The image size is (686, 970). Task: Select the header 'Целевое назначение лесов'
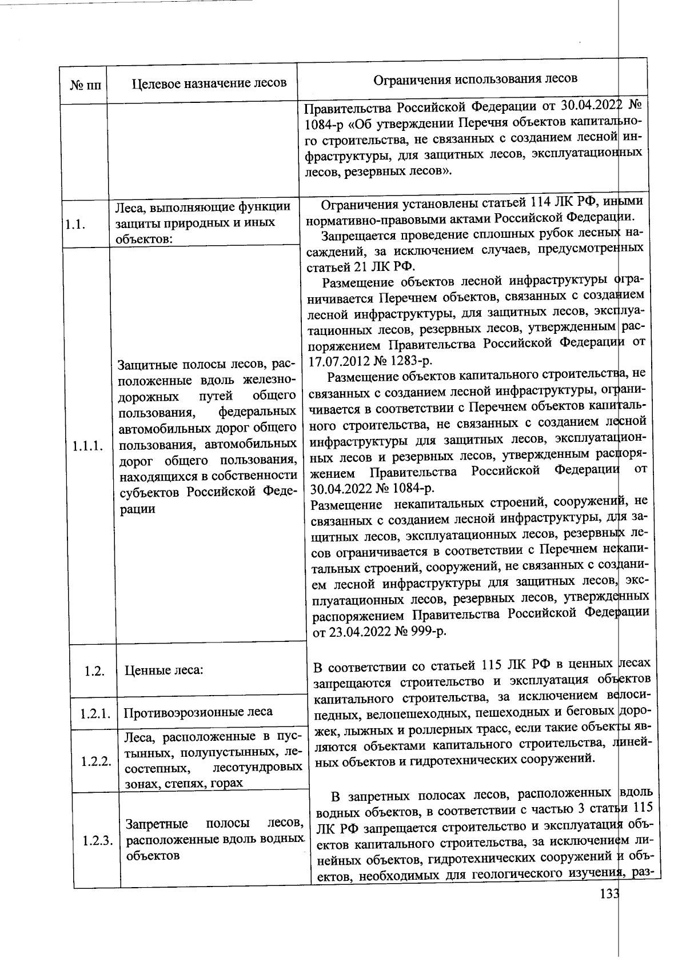[209, 83]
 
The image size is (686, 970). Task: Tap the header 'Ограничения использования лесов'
[475, 78]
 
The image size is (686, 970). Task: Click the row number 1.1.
[75, 224]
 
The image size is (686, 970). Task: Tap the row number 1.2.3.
[97, 841]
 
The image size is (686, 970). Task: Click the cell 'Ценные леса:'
[164, 670]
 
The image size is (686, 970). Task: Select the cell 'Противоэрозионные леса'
[198, 712]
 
